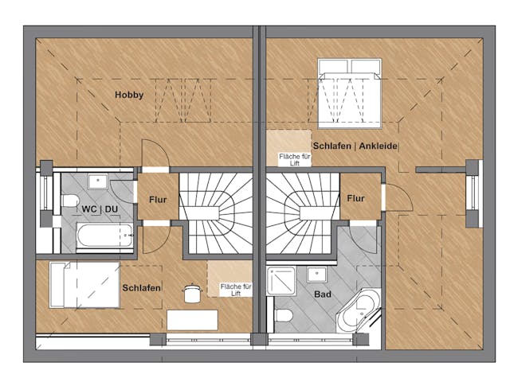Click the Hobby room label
129,95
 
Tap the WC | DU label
100,209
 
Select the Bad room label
323,294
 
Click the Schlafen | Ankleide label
355,146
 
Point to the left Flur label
158,200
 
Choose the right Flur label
355,198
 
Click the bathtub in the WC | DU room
104,236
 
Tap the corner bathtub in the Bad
359,310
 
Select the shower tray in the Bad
281,281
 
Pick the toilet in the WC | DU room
69,201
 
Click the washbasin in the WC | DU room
98,181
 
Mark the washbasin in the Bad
316,275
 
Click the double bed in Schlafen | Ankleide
349,94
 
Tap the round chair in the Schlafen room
192,294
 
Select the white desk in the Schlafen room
192,320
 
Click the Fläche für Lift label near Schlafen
236,290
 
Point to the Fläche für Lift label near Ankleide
295,160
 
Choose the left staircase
216,213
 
